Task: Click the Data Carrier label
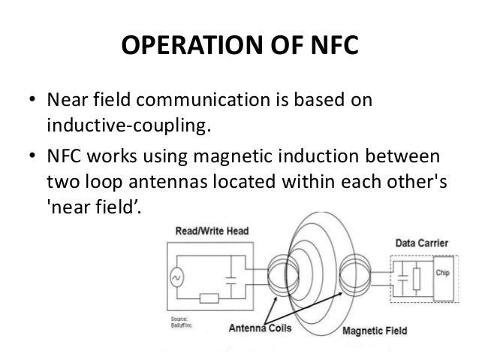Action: pyautogui.click(x=423, y=244)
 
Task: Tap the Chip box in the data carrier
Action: pyautogui.click(x=443, y=274)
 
